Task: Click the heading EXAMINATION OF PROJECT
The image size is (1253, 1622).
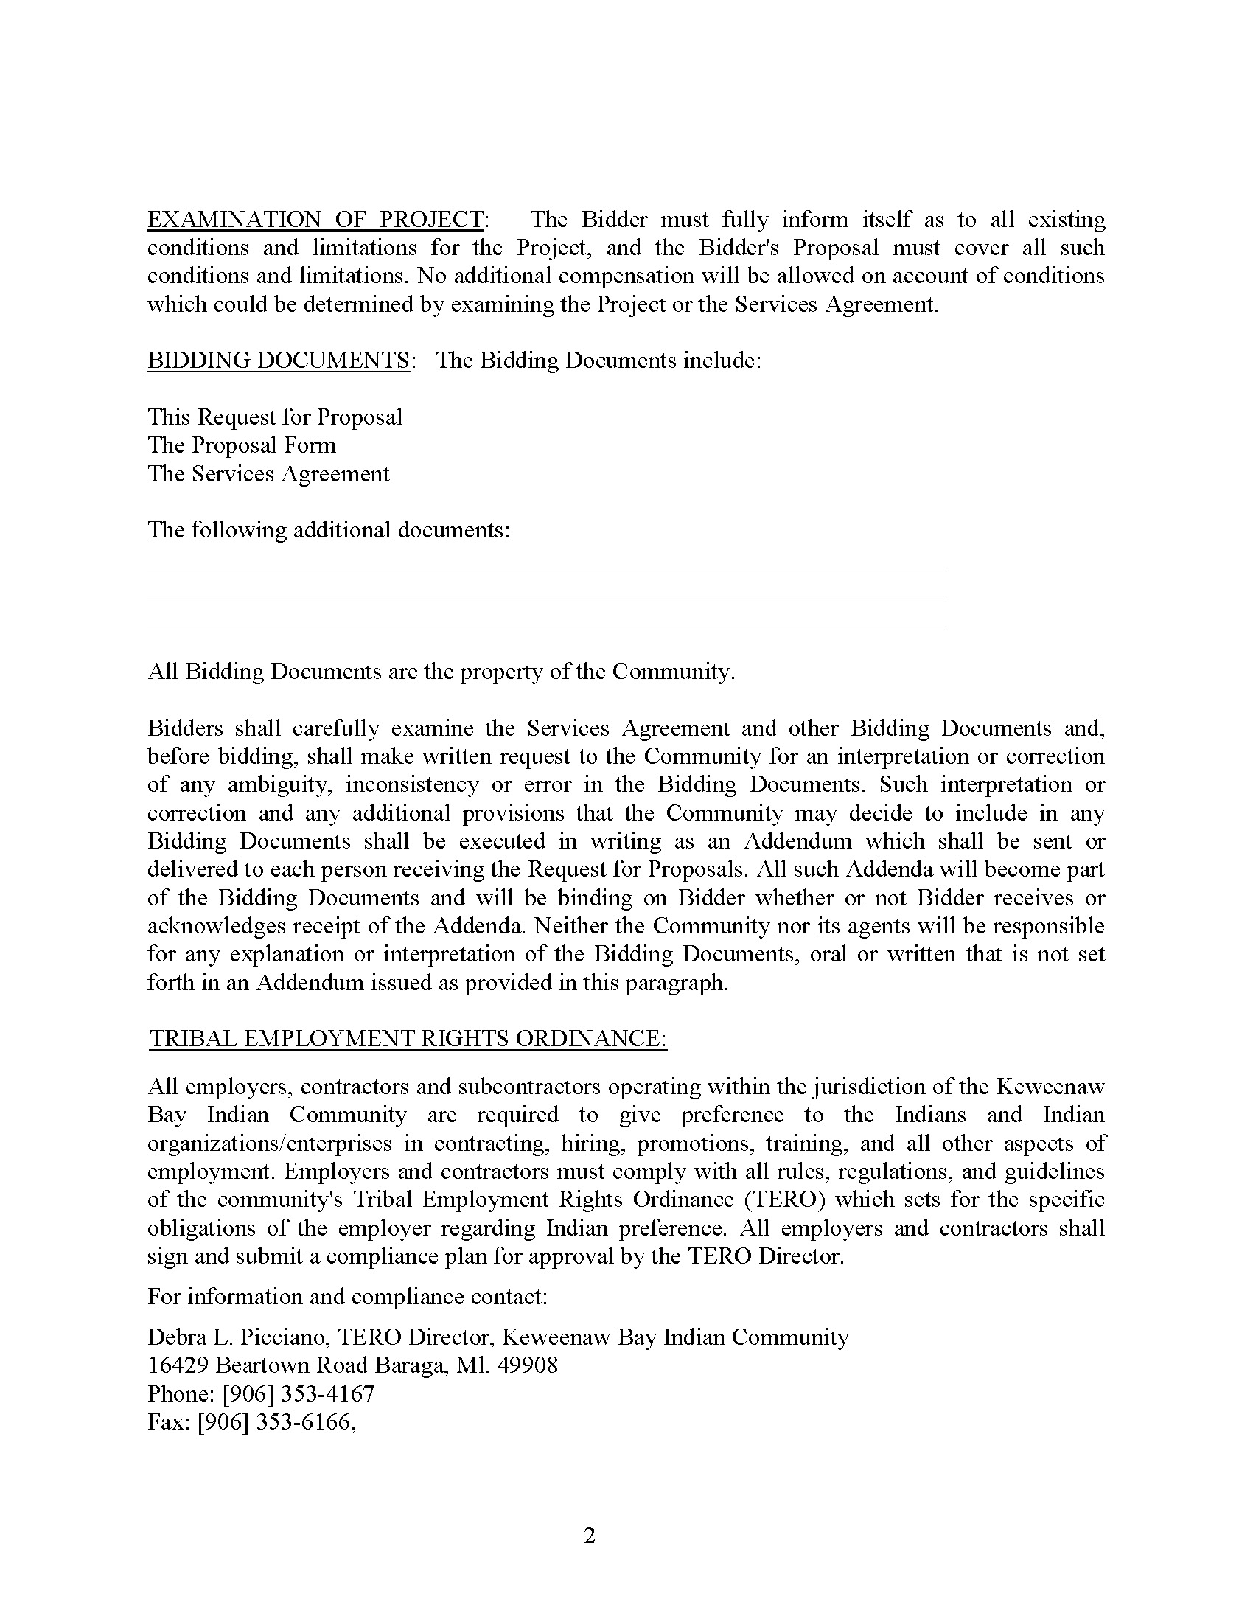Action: [x=315, y=220]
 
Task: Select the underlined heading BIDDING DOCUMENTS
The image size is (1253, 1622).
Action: [x=279, y=361]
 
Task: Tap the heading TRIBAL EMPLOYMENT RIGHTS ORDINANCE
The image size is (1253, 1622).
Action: [x=408, y=1038]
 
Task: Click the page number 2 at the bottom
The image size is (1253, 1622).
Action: [x=590, y=1535]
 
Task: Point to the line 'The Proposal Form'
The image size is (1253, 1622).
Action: [x=242, y=445]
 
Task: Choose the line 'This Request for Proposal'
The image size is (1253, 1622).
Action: [x=275, y=417]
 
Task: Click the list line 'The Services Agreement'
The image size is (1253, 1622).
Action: [x=268, y=474]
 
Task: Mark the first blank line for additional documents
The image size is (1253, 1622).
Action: [x=546, y=570]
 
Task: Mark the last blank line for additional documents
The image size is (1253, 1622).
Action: [x=546, y=626]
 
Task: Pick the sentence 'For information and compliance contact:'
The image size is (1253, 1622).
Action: [x=347, y=1297]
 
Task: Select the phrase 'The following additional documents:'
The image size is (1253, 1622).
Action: [x=329, y=529]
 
